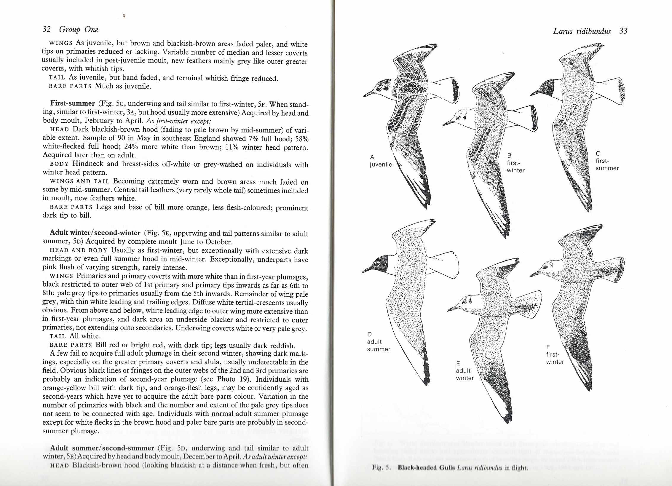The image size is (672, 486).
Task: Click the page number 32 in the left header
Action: point(47,29)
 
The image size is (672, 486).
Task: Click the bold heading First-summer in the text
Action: point(72,103)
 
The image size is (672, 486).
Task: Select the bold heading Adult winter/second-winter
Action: point(95,233)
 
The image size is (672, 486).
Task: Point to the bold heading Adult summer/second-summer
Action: point(102,448)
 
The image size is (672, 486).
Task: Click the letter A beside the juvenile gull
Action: point(372,157)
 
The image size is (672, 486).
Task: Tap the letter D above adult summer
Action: point(369,334)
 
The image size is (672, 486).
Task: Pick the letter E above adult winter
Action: point(458,363)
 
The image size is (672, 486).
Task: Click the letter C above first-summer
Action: point(598,154)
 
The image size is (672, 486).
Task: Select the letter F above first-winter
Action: point(548,347)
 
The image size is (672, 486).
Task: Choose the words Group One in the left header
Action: point(79,29)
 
